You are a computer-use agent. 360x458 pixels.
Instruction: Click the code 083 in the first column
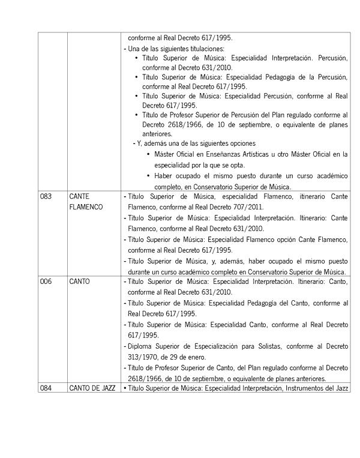tap(46, 196)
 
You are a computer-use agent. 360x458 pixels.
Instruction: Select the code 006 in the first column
tap(46, 280)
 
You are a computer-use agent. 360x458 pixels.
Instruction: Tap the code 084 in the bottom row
tap(46, 388)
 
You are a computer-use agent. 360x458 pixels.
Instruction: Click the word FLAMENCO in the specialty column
tap(86, 207)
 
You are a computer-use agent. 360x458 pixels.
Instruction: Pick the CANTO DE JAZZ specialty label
tap(92, 388)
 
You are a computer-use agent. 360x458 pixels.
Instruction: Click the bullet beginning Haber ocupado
tap(148, 175)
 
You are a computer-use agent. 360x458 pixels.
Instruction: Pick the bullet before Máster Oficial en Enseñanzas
tap(148, 154)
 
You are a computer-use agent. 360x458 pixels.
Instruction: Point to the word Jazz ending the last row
tap(341, 388)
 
